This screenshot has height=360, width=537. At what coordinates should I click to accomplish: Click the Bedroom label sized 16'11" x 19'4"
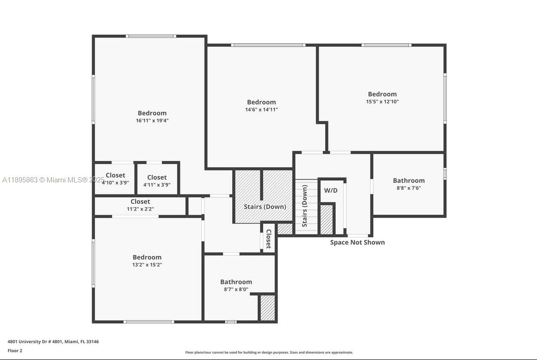click(x=152, y=113)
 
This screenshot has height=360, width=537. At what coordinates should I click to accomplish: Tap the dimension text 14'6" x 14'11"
click(x=261, y=110)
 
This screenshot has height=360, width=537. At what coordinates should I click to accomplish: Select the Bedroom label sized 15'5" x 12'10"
click(x=382, y=94)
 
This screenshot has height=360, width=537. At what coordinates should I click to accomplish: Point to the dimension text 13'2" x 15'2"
click(x=147, y=265)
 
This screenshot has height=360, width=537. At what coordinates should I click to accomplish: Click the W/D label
click(x=331, y=190)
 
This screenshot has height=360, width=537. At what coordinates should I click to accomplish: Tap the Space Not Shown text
click(x=358, y=242)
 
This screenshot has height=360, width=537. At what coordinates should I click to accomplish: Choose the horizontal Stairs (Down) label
click(x=265, y=207)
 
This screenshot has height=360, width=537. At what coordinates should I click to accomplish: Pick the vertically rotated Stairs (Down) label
click(x=305, y=206)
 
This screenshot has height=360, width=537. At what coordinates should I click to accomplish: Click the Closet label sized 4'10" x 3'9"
click(x=115, y=175)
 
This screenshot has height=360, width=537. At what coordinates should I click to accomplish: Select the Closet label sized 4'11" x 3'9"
click(x=157, y=178)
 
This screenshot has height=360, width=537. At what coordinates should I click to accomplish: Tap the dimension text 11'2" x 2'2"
click(x=140, y=209)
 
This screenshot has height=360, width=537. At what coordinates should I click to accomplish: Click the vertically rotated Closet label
click(x=268, y=239)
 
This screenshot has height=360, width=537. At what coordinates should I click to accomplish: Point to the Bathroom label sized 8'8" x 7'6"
click(x=409, y=180)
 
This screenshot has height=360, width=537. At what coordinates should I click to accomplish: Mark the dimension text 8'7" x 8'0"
click(x=236, y=289)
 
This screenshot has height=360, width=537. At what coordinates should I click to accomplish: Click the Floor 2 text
click(x=15, y=351)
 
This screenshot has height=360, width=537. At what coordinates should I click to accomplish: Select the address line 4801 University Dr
click(x=53, y=341)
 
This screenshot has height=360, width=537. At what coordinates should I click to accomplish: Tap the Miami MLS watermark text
click(x=53, y=180)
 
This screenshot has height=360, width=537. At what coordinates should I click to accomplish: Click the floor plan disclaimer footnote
click(x=269, y=352)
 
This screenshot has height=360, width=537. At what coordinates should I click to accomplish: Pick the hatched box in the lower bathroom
click(x=267, y=308)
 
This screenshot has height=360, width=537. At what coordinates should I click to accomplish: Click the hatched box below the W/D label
click(x=326, y=219)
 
